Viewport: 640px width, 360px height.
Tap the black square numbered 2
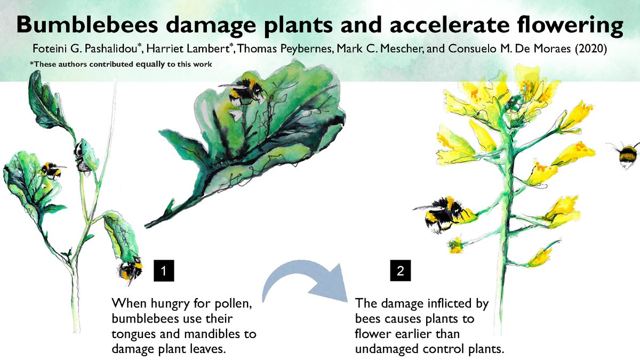(x=400, y=271)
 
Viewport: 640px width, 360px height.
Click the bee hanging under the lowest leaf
(x=130, y=269)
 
